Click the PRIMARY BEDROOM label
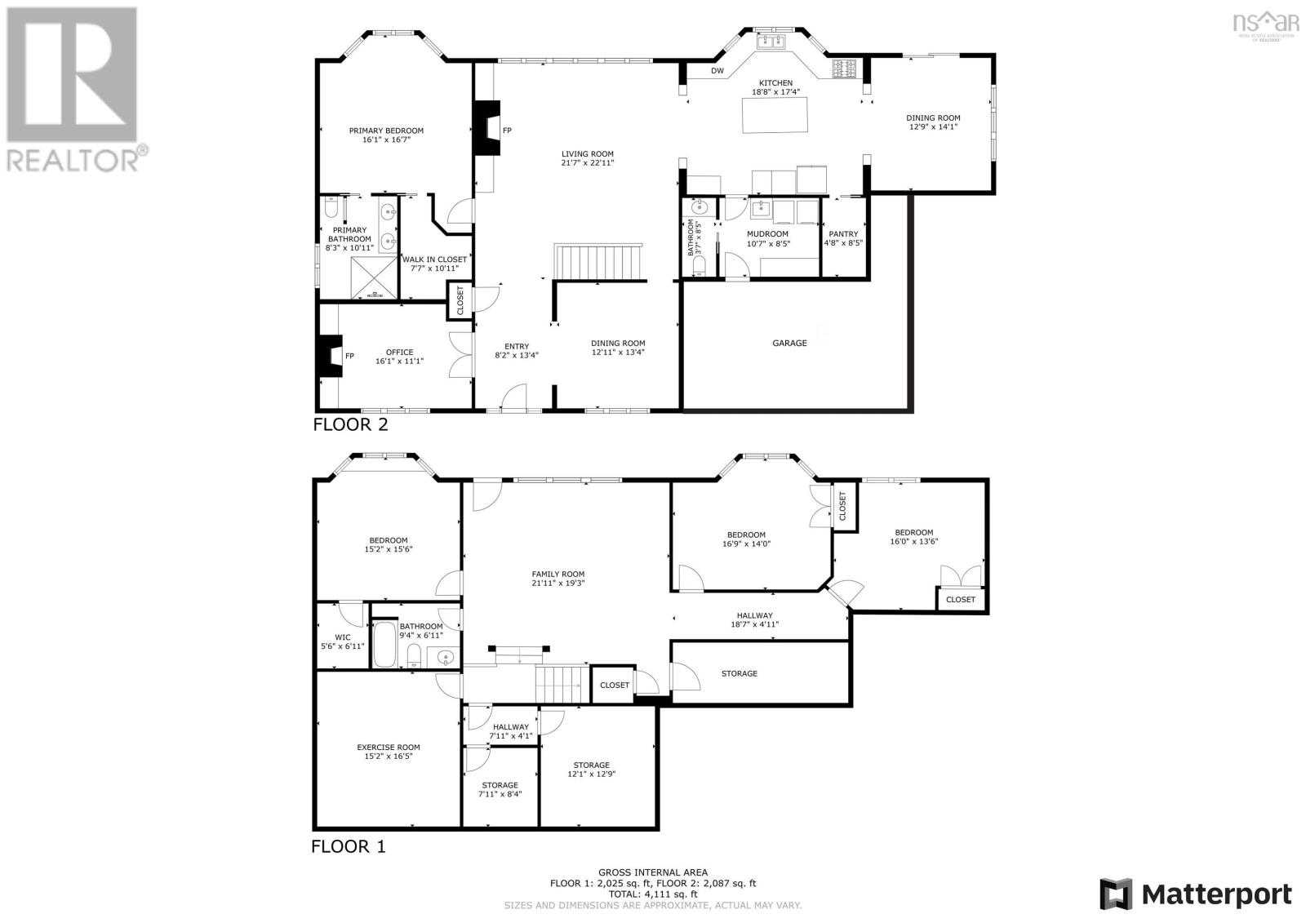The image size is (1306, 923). (386, 131)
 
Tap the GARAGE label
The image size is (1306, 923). (789, 343)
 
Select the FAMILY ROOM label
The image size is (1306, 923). (558, 575)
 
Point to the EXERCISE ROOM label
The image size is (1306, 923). (389, 747)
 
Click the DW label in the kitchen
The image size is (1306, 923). (717, 71)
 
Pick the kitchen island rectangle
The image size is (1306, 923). (775, 115)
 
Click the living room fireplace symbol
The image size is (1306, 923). (486, 128)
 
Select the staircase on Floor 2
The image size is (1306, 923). (597, 262)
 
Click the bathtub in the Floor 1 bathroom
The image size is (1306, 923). (384, 644)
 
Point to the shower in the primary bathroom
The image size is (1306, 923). (374, 277)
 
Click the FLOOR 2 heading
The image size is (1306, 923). (350, 424)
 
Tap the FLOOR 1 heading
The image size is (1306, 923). (349, 846)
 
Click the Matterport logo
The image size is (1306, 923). (1196, 894)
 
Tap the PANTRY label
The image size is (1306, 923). (843, 234)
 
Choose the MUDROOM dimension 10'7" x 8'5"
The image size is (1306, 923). (768, 244)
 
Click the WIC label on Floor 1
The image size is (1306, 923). (343, 637)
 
